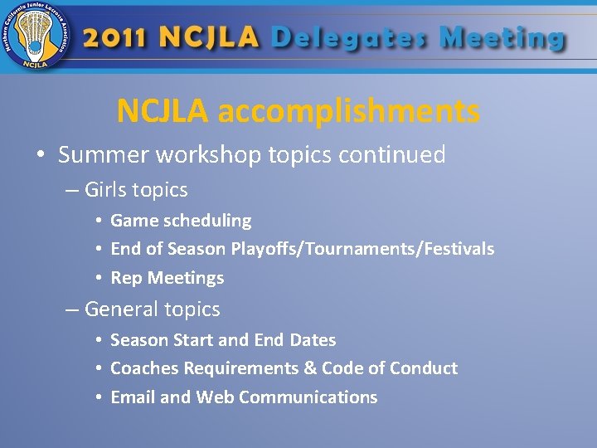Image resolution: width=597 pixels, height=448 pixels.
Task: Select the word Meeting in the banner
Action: [x=502, y=38]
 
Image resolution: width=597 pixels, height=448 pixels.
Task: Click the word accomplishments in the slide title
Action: [x=348, y=110]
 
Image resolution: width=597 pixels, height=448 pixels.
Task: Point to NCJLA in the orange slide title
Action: [x=163, y=110]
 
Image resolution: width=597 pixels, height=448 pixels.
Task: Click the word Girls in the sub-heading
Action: [x=107, y=190]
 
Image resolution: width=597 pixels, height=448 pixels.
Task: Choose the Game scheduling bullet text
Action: [x=181, y=221]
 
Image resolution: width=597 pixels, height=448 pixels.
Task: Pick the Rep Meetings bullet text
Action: [x=167, y=278]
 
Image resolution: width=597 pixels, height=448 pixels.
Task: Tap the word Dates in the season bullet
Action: [x=313, y=340]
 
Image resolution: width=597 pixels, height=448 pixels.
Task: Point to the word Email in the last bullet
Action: [x=133, y=397]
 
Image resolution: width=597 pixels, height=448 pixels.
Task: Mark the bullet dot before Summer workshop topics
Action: [x=40, y=156]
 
